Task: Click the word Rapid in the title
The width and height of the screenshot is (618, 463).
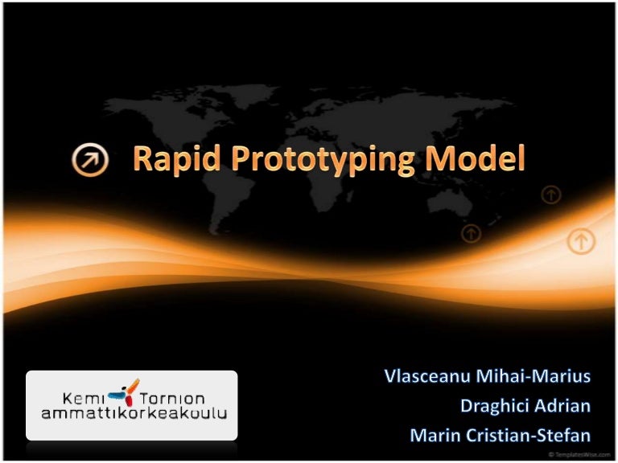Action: [x=171, y=161]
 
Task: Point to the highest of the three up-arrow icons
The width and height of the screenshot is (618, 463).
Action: [x=551, y=194]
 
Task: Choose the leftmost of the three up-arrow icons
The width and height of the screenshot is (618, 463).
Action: [x=472, y=233]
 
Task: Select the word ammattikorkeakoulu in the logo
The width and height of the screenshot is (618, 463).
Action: [x=134, y=414]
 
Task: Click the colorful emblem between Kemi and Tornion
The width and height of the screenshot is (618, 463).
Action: [x=126, y=392]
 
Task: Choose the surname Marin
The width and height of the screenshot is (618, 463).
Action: [x=433, y=436]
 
